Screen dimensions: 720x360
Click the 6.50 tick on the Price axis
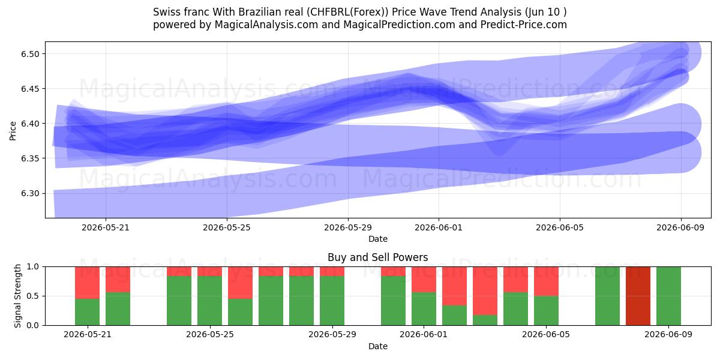30,54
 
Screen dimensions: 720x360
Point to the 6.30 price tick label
30,193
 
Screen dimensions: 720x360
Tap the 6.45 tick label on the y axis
30,89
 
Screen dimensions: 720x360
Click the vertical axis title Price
13,131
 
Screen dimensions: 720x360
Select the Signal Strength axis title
17,296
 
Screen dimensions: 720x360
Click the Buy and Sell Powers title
377,257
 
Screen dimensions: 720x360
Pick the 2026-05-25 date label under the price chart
227,227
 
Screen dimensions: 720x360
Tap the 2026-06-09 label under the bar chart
668,334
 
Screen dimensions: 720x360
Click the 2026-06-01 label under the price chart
439,227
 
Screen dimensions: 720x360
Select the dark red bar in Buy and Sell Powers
638,296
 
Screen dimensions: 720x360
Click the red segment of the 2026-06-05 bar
546,281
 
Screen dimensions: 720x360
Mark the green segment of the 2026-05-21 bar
87,312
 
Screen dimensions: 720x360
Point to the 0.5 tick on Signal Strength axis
33,296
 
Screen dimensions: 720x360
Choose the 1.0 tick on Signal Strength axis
33,267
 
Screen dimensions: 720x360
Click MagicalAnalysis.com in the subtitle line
266,25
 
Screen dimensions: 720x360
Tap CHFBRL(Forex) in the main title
347,12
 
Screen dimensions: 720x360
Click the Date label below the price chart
377,239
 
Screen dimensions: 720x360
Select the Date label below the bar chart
377,346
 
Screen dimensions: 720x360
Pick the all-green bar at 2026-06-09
668,296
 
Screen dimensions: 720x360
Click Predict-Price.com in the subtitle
524,25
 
